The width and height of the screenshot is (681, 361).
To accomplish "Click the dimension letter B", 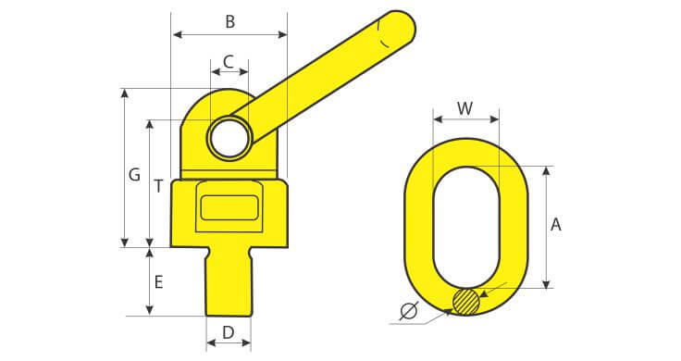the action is (230, 21).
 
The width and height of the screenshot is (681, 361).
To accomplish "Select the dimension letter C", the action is (229, 62).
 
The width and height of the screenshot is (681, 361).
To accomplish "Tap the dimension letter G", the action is (135, 175).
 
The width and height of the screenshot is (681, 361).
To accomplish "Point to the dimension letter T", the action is (159, 186).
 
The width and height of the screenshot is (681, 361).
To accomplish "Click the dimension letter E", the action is (159, 282).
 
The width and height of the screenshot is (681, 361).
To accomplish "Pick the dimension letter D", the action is (228, 332).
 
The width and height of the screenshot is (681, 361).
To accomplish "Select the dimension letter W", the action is (465, 108).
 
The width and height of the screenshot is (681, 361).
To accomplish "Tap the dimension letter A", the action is (556, 225).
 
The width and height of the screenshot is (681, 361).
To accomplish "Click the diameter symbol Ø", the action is (408, 311).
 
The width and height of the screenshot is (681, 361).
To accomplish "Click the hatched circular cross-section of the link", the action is (466, 301).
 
